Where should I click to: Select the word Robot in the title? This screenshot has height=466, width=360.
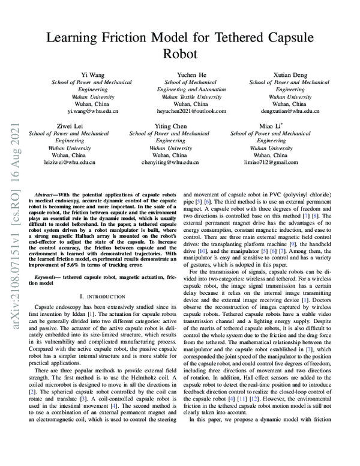[x=179, y=54]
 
